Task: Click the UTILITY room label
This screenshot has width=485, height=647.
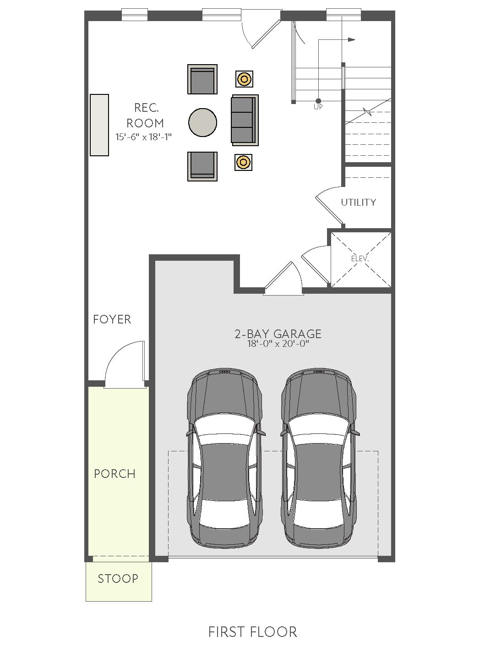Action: [x=359, y=202]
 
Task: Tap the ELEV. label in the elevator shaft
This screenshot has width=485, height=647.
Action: [x=360, y=259]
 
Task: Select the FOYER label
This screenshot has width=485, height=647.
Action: [x=112, y=319]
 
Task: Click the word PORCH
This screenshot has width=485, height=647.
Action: [x=114, y=474]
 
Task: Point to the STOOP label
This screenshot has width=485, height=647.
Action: [x=118, y=579]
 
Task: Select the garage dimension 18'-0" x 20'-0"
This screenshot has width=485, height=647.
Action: [x=278, y=344]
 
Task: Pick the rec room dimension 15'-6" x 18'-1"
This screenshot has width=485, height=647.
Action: [x=143, y=137]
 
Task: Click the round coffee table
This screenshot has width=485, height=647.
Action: [x=202, y=123]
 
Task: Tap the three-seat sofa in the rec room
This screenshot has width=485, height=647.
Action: [x=245, y=120]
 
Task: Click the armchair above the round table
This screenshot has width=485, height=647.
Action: [x=202, y=79]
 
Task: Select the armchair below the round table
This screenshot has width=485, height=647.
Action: [x=202, y=166]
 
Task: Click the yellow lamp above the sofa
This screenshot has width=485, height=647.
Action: [x=244, y=79]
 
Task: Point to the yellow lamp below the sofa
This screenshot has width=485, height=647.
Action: [x=243, y=162]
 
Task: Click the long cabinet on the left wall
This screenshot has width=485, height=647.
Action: [x=99, y=125]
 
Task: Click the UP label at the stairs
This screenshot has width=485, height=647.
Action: [x=318, y=107]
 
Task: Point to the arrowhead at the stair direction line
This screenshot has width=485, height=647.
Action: [x=352, y=39]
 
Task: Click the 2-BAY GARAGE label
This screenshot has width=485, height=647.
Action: [x=278, y=334]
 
